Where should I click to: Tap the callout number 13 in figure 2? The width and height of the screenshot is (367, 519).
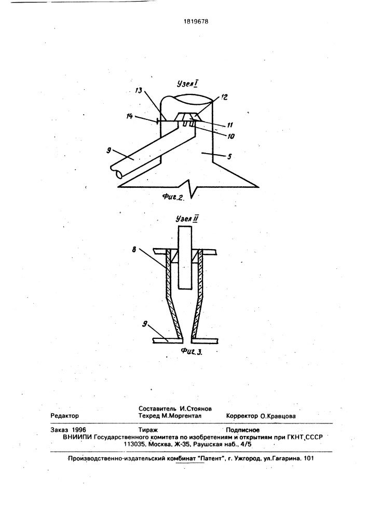tap(139, 90)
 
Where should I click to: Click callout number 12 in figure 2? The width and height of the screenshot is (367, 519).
tap(224, 98)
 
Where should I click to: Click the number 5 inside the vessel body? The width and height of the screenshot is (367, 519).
tap(229, 156)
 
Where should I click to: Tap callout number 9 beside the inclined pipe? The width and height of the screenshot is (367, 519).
tap(109, 150)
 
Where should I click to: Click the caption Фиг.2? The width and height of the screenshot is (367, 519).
tap(173, 197)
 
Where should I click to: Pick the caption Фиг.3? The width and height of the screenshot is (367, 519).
tap(192, 351)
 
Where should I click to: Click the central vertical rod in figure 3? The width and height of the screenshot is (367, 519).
tap(185, 257)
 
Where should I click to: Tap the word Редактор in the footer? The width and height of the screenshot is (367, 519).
tap(65, 416)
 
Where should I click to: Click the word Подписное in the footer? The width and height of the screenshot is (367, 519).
tap(242, 430)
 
